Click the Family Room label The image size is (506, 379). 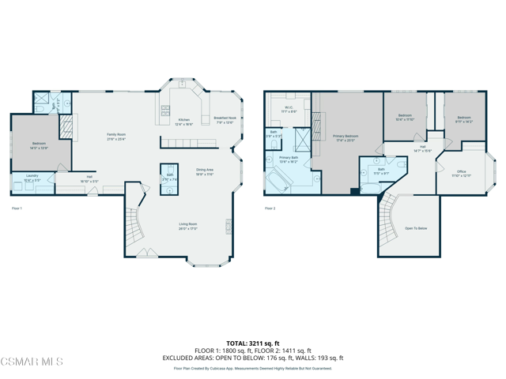116,136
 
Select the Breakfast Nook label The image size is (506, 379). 225,120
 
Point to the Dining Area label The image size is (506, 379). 205,172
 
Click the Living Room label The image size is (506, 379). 187,227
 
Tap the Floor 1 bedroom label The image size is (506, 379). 39,145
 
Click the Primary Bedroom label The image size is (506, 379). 346,137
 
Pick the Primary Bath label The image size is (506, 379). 289,159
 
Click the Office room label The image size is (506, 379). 461,173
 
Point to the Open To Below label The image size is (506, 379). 416,228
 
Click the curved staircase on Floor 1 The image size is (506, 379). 136,229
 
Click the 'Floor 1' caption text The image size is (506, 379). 17,208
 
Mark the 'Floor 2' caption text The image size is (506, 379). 270,208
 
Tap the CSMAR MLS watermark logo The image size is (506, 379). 32,362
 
